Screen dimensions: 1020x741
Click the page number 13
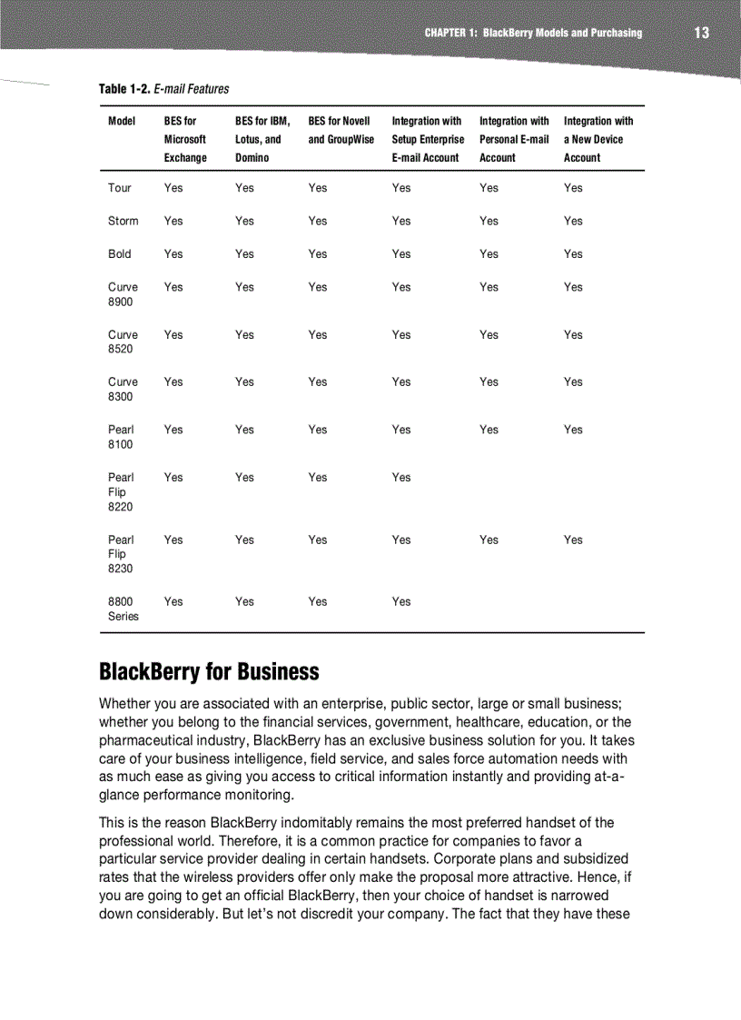pyautogui.click(x=701, y=33)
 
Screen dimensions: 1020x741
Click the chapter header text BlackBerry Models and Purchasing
pyautogui.click(x=562, y=33)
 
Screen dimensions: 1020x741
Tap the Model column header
pyautogui.click(x=122, y=122)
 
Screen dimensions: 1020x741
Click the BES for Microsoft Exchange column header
pyautogui.click(x=185, y=139)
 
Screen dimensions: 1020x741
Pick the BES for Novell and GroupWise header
pyautogui.click(x=341, y=131)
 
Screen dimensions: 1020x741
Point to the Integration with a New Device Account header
pyautogui.click(x=598, y=139)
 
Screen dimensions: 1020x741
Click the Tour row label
pyautogui.click(x=119, y=188)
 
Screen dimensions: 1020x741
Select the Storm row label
pyautogui.click(x=123, y=221)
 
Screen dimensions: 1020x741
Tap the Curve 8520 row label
pyautogui.click(x=123, y=342)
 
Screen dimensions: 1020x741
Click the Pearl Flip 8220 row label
pyautogui.click(x=121, y=492)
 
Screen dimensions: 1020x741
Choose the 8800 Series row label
pyautogui.click(x=123, y=609)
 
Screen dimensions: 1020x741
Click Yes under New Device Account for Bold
pyautogui.click(x=573, y=254)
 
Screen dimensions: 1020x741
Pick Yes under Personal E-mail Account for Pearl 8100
pyautogui.click(x=489, y=430)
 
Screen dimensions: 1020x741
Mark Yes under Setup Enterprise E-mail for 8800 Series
pyautogui.click(x=401, y=601)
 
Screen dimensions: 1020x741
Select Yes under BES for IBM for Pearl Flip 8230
pyautogui.click(x=244, y=540)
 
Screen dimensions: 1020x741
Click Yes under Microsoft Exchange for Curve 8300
pyautogui.click(x=173, y=382)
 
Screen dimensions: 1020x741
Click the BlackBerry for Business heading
pyautogui.click(x=209, y=672)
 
